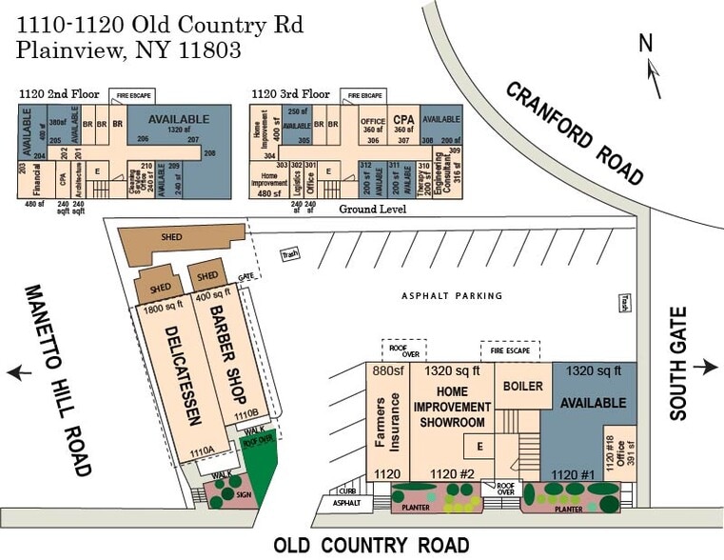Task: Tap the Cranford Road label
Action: point(575,132)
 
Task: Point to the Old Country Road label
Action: point(371,546)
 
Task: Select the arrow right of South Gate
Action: point(705,368)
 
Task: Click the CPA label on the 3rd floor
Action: point(402,120)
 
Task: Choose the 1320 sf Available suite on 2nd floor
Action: point(167,121)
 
